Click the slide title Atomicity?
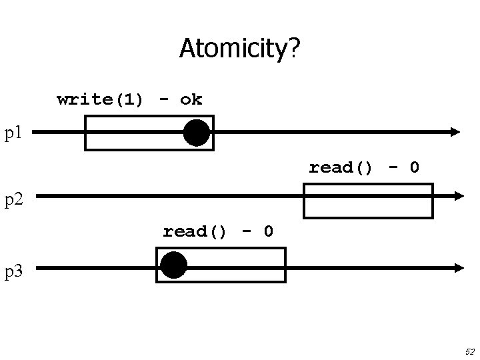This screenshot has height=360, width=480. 240,48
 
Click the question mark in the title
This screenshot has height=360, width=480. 293,48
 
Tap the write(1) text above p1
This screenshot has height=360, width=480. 100,100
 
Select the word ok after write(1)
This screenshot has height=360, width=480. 191,100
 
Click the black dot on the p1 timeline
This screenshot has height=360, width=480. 197,133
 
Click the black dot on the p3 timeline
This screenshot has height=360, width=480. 174,265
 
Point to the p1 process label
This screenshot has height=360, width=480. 14,133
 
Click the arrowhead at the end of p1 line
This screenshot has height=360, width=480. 456,132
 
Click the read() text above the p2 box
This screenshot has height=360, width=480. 341,167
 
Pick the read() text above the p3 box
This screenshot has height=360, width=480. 195,231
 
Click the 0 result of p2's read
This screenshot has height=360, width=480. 414,167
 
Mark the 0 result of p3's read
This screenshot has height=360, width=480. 268,231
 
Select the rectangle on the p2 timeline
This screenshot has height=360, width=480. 368,201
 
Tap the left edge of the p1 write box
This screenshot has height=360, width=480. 85,133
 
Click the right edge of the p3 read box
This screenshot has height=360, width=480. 285,265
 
